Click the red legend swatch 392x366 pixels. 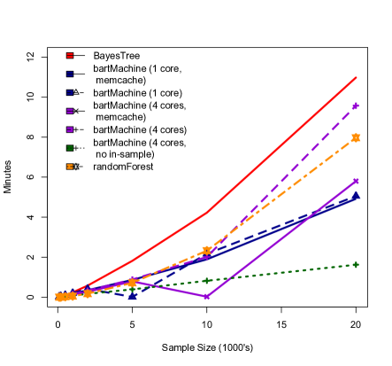coord(70,56)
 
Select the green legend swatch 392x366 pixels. coord(70,148)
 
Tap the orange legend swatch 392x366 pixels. coord(70,167)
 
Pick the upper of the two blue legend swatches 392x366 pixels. coord(70,74)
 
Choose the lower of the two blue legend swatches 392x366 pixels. coord(70,93)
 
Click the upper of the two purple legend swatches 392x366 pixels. coord(70,112)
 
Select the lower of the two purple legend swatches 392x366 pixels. coord(70,129)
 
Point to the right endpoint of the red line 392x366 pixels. coord(356,78)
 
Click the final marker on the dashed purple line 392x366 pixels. coord(356,106)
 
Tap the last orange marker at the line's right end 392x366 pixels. coord(356,137)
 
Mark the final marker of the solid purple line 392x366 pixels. coord(356,181)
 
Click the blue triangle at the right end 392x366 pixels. coord(356,196)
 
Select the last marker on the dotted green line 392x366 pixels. coord(356,264)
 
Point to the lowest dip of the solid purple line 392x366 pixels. coord(206,297)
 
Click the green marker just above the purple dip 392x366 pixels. coord(206,281)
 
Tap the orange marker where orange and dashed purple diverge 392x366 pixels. coord(206,251)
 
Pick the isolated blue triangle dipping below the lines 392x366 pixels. coord(132,296)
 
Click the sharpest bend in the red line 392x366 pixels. coord(206,213)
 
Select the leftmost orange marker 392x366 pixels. coord(60,298)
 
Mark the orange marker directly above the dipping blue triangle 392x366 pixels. coord(132,283)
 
